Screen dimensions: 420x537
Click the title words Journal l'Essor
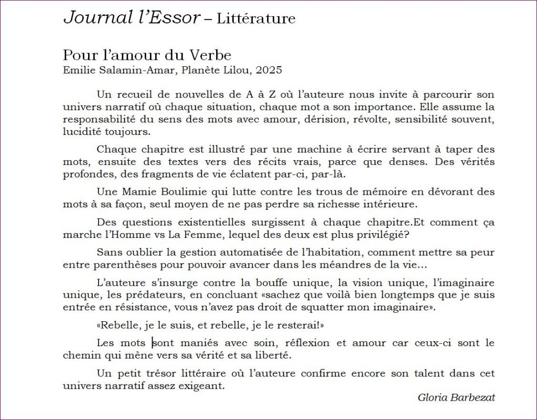click(132, 18)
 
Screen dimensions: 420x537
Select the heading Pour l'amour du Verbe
click(147, 55)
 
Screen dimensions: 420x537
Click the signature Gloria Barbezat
click(456, 397)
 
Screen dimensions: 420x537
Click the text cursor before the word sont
click(153, 343)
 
